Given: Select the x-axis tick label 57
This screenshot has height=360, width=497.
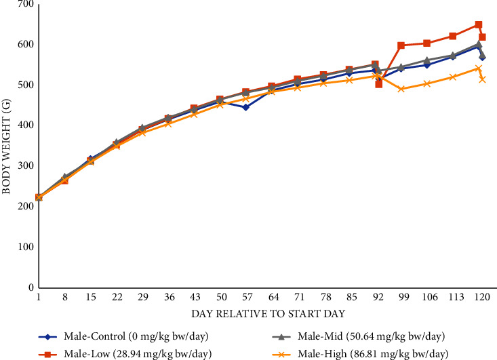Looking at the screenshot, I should click(245, 298).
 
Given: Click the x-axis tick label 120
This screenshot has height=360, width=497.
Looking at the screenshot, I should click(482, 298).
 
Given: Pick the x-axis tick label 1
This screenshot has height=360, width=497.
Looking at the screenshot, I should click(39, 298).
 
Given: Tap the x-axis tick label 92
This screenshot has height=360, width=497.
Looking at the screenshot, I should click(378, 298).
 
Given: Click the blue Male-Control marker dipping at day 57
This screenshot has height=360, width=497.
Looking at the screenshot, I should click(245, 107).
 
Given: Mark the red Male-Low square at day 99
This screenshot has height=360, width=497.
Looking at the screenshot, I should click(401, 45).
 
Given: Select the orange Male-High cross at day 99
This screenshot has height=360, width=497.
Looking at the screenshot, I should click(401, 89).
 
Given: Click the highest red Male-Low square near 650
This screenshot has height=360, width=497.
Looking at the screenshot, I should click(479, 24).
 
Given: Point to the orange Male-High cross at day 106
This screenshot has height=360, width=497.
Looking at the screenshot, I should click(426, 83).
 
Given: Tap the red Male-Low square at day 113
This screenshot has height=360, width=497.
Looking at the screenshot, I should click(452, 36).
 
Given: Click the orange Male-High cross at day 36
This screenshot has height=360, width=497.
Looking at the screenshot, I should click(168, 123).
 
